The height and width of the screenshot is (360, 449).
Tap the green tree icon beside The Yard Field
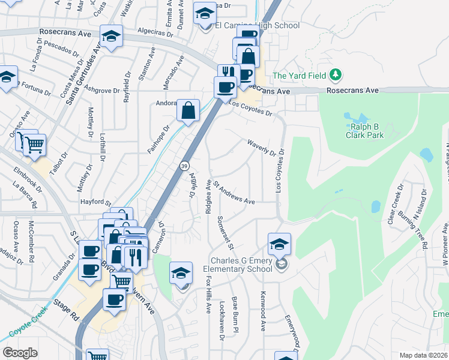(x=337, y=75)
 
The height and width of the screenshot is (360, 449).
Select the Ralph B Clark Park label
(x=364, y=131)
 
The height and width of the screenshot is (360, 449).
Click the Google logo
(x=20, y=353)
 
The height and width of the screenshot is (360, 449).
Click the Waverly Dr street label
(x=262, y=147)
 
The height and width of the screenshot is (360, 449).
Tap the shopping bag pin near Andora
(x=188, y=110)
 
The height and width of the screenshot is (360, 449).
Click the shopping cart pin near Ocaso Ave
(x=35, y=144)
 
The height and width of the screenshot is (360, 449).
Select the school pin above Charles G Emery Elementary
(x=279, y=244)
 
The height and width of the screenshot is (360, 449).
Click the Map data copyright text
(x=424, y=355)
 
